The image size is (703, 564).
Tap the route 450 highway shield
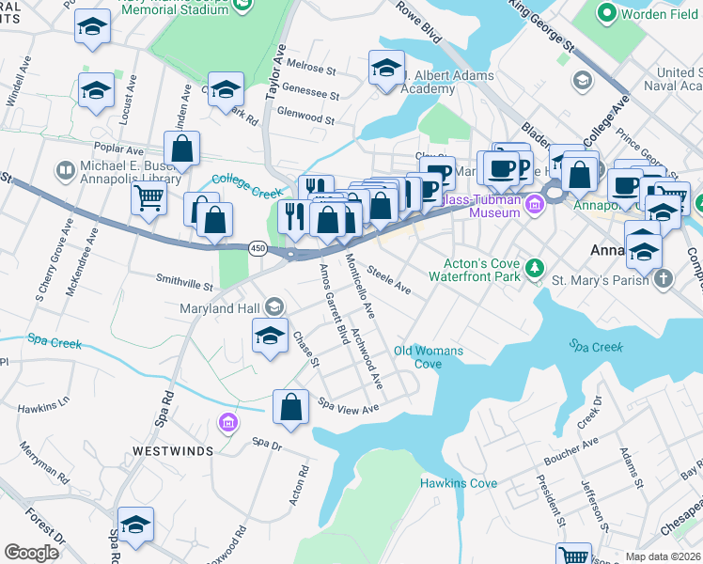(258, 247)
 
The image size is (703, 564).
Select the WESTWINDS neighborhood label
(172, 450)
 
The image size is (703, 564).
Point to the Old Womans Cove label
(429, 357)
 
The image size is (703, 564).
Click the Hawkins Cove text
(458, 483)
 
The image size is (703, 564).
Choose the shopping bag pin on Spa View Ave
(290, 407)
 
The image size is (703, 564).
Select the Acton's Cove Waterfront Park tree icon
(535, 270)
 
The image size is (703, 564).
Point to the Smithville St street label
(184, 279)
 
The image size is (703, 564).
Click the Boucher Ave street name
(570, 451)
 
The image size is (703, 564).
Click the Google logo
(31, 553)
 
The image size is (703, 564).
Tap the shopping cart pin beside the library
(148, 198)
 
